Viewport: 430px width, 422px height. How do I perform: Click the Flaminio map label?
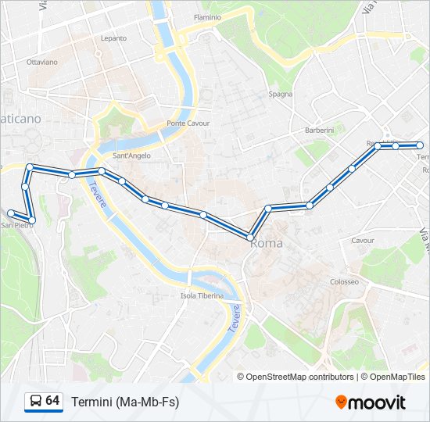click(x=207, y=16)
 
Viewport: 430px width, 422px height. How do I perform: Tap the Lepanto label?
click(x=113, y=38)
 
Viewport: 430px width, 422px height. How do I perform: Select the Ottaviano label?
click(x=42, y=61)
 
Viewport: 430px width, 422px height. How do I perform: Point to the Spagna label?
click(x=281, y=94)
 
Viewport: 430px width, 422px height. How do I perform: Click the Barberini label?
click(x=319, y=130)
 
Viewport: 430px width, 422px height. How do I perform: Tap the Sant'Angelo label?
click(x=132, y=156)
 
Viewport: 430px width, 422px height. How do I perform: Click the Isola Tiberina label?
click(x=202, y=295)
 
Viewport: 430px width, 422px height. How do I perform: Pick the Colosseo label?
click(x=344, y=281)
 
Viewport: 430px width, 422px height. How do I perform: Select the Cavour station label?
click(x=363, y=241)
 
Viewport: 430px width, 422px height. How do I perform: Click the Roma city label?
click(x=267, y=244)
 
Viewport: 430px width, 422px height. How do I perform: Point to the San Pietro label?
click(x=16, y=225)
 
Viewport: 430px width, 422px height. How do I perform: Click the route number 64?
click(x=52, y=401)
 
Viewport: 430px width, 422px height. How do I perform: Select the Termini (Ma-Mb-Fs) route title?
click(x=124, y=402)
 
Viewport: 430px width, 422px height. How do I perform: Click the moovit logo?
click(x=371, y=402)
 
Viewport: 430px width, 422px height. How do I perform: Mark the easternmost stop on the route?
click(x=420, y=145)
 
